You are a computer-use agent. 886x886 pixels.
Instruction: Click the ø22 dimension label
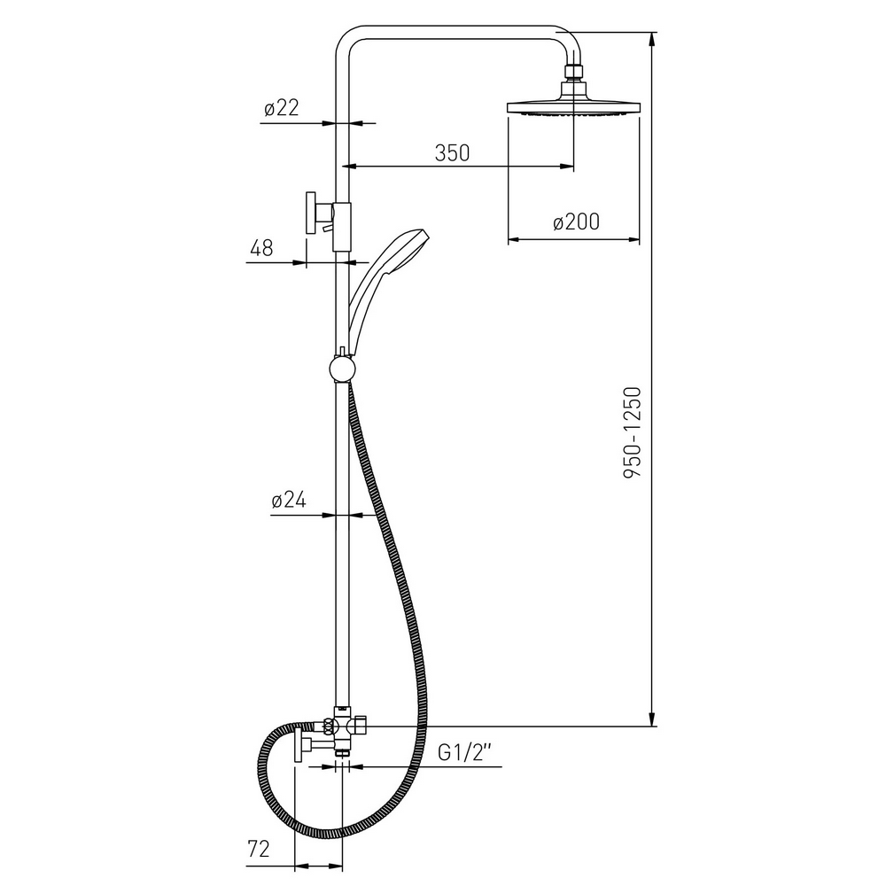pyautogui.click(x=282, y=107)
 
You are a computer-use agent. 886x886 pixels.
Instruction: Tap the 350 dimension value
pyautogui.click(x=452, y=152)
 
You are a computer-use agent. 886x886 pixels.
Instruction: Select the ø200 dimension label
pyautogui.click(x=576, y=222)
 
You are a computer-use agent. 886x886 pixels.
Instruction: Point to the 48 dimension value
pyautogui.click(x=261, y=248)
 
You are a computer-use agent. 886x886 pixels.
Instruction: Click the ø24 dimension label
pyautogui.click(x=289, y=500)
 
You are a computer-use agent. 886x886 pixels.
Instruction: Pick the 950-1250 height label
pyautogui.click(x=633, y=433)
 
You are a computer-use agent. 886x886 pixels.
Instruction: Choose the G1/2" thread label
pyautogui.click(x=465, y=752)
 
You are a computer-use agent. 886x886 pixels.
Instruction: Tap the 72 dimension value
pyautogui.click(x=259, y=849)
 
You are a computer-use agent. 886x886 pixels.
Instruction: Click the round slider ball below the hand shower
pyautogui.click(x=342, y=369)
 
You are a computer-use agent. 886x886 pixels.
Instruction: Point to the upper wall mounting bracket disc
pyautogui.click(x=311, y=213)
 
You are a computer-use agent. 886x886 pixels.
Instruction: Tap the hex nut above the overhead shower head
pyautogui.click(x=574, y=73)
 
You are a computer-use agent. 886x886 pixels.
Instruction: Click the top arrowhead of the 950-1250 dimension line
pyautogui.click(x=653, y=40)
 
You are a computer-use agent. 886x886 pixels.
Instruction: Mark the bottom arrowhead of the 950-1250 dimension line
pyautogui.click(x=653, y=718)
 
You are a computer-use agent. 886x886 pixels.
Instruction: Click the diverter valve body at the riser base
pyautogui.click(x=342, y=730)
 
